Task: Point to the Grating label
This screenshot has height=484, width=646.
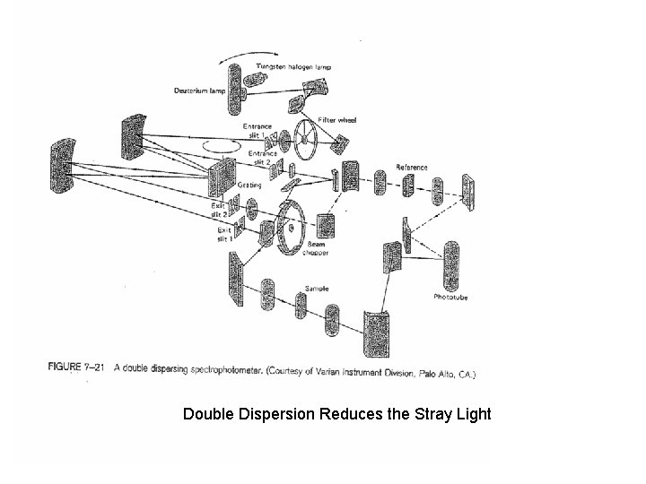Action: [249, 184]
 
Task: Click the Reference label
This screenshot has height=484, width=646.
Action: [412, 168]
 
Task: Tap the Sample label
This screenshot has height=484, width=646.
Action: [317, 289]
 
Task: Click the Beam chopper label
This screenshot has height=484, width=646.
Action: [318, 248]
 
